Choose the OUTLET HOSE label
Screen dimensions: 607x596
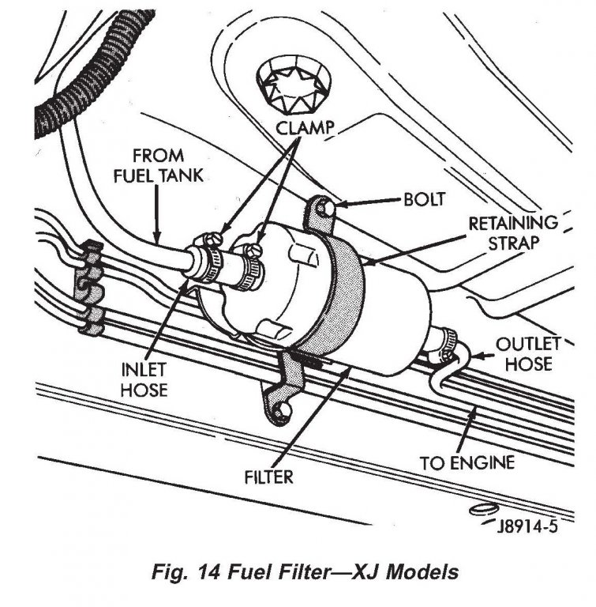pos(528,355)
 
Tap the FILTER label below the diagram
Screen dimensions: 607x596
pos(269,477)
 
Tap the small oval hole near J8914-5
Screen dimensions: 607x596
pos(483,510)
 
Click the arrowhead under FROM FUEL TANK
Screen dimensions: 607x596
pos(159,236)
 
